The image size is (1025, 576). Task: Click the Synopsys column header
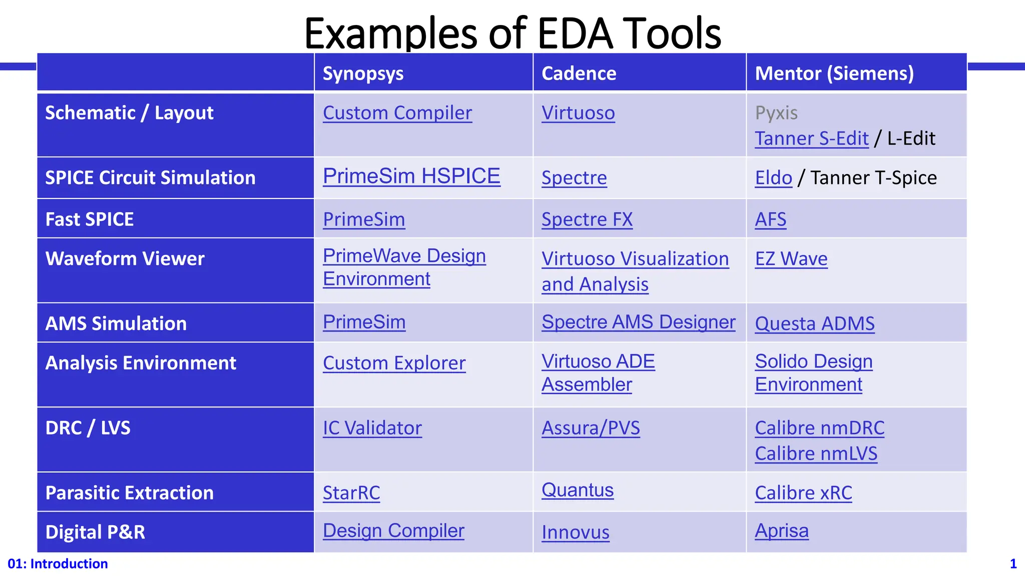[363, 73]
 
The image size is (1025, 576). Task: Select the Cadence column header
[579, 73]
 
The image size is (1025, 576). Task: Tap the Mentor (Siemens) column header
[834, 73]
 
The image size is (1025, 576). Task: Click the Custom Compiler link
[397, 113]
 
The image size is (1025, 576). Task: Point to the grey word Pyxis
[776, 113]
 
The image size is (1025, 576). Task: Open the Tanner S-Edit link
[811, 138]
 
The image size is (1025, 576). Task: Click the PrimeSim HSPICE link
[411, 176]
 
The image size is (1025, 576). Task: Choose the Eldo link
[773, 178]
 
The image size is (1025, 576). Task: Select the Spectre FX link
[587, 219]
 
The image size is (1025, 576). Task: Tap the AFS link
[770, 219]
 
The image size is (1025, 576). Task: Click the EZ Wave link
[791, 259]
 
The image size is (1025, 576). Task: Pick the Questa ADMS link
[814, 323]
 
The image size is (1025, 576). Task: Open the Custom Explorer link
[394, 363]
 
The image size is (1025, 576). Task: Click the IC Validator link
[372, 428]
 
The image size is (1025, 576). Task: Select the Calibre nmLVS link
[816, 453]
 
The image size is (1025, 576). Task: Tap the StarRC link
[351, 493]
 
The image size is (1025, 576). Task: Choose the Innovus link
[575, 532]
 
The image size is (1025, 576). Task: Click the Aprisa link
[781, 530]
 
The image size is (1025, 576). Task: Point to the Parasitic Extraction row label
[129, 493]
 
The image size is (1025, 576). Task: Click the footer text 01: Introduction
[58, 564]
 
